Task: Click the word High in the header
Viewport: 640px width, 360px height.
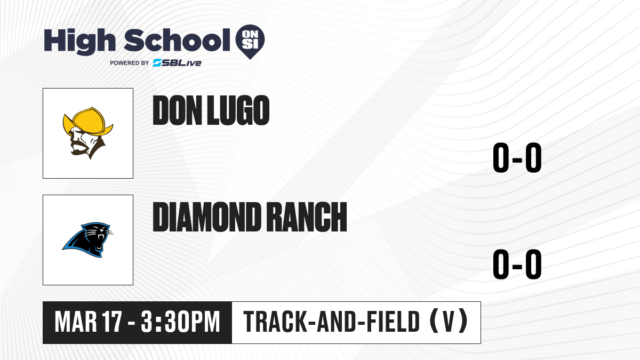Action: tap(79, 42)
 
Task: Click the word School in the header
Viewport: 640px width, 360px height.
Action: tap(177, 41)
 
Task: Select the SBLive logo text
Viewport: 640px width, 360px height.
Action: tap(177, 63)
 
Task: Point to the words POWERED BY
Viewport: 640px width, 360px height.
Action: tap(130, 63)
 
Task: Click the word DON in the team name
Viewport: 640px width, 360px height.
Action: tap(178, 110)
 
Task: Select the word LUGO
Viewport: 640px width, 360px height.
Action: tap(238, 110)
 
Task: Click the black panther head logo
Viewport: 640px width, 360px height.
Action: tap(87, 240)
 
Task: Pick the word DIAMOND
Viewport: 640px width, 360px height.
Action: tap(206, 217)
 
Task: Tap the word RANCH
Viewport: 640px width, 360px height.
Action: tap(308, 217)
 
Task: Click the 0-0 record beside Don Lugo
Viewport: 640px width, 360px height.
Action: tap(517, 158)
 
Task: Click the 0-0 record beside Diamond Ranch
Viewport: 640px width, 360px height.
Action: tap(517, 265)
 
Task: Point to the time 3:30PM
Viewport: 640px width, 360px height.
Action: tap(180, 322)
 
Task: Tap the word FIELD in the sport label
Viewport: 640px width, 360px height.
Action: tap(393, 322)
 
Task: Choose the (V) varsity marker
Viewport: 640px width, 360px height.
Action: tap(449, 322)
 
